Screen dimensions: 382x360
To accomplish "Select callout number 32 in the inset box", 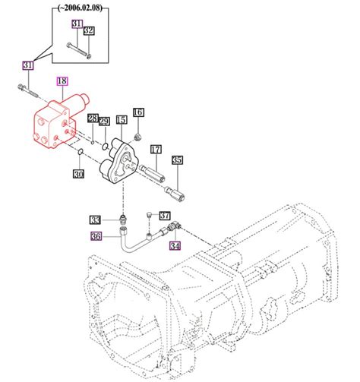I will tap(88, 31).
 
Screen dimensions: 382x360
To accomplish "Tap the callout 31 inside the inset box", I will tap(76, 24).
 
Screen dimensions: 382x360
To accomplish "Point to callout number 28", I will tap(92, 118).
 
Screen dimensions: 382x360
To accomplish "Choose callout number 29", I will tap(105, 122).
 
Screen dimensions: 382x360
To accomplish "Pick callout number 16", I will tap(138, 113).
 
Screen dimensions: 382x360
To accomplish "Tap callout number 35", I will tap(177, 160).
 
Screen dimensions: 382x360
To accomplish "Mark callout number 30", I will tap(79, 174).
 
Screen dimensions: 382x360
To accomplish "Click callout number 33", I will tap(94, 220).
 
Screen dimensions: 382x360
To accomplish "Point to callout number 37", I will tap(165, 215).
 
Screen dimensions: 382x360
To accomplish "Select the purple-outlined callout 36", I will tap(96, 236).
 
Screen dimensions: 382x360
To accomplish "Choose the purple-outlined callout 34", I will tap(175, 245).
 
